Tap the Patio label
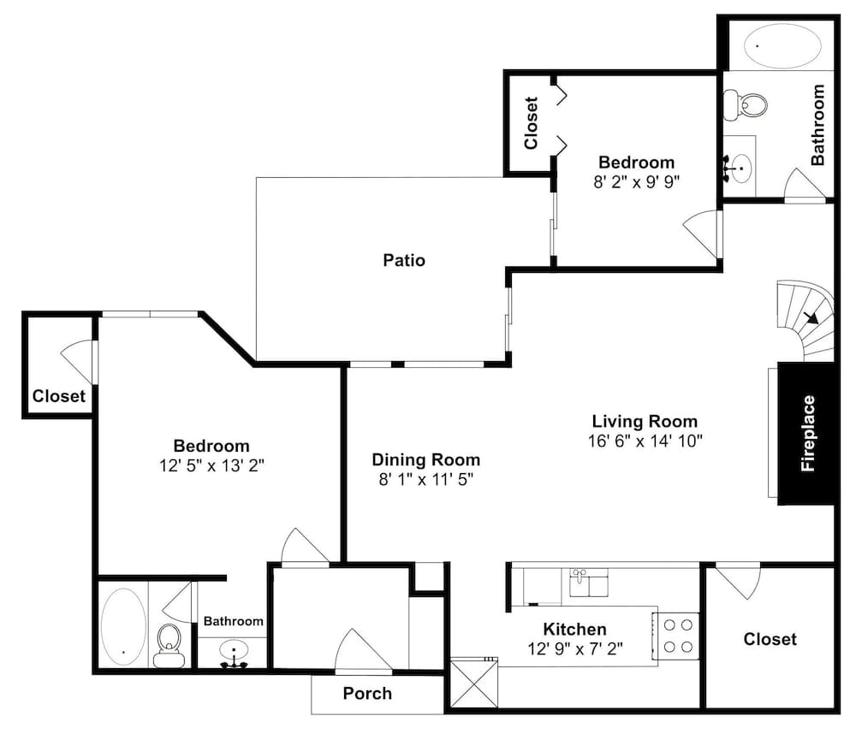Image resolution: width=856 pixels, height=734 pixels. [x=404, y=260]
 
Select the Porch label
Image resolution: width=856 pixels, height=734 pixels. [x=367, y=693]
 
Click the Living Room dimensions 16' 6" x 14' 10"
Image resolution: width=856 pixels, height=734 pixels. [x=645, y=441]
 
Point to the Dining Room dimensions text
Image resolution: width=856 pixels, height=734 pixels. [x=425, y=479]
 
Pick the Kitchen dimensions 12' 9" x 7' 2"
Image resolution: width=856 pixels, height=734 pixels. [x=575, y=648]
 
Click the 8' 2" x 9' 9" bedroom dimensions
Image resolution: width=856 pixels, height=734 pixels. [x=637, y=181]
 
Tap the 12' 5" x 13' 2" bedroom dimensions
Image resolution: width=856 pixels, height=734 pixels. [x=211, y=465]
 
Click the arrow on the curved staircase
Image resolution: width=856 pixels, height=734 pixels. [x=811, y=317]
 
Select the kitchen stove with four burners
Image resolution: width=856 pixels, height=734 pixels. [x=677, y=636]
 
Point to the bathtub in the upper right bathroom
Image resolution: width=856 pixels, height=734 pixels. [x=782, y=46]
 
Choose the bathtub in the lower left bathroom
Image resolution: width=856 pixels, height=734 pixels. [x=124, y=626]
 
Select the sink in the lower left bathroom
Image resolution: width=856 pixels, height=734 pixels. [x=235, y=654]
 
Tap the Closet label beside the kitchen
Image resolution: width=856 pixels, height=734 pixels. [x=770, y=639]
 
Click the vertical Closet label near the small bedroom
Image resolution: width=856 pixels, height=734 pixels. [x=531, y=123]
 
